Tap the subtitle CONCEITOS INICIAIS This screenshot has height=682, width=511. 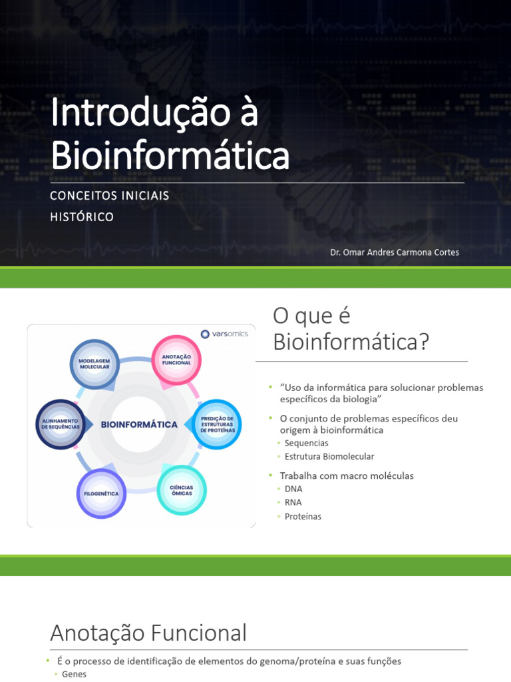pyautogui.click(x=110, y=196)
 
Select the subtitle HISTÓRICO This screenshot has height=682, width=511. pyautogui.click(x=82, y=217)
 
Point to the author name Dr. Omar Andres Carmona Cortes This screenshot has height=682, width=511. pyautogui.click(x=395, y=252)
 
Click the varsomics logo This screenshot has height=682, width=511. pyautogui.click(x=224, y=334)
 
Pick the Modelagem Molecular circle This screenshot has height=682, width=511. pyautogui.click(x=94, y=364)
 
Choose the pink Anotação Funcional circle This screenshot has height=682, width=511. pyautogui.click(x=176, y=360)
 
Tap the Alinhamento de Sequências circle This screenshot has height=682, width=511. pyautogui.click(x=61, y=424)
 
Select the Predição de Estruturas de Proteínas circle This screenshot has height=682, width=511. pyautogui.click(x=217, y=424)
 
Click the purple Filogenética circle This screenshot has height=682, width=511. pyautogui.click(x=101, y=494)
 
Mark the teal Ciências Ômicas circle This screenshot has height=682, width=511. pyautogui.click(x=182, y=490)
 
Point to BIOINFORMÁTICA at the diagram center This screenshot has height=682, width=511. pyautogui.click(x=139, y=424)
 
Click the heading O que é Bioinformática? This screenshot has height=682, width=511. pyautogui.click(x=351, y=329)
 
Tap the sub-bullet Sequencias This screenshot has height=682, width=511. pyautogui.click(x=306, y=443)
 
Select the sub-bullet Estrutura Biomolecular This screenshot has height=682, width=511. pyautogui.click(x=329, y=456)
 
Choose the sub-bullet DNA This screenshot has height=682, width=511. pyautogui.click(x=293, y=489)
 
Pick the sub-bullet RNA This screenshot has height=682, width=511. pyautogui.click(x=293, y=502)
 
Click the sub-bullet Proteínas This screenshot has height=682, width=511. pyautogui.click(x=303, y=516)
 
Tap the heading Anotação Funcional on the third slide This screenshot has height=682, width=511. pyautogui.click(x=148, y=632)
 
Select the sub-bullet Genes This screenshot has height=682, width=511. pyautogui.click(x=74, y=674)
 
